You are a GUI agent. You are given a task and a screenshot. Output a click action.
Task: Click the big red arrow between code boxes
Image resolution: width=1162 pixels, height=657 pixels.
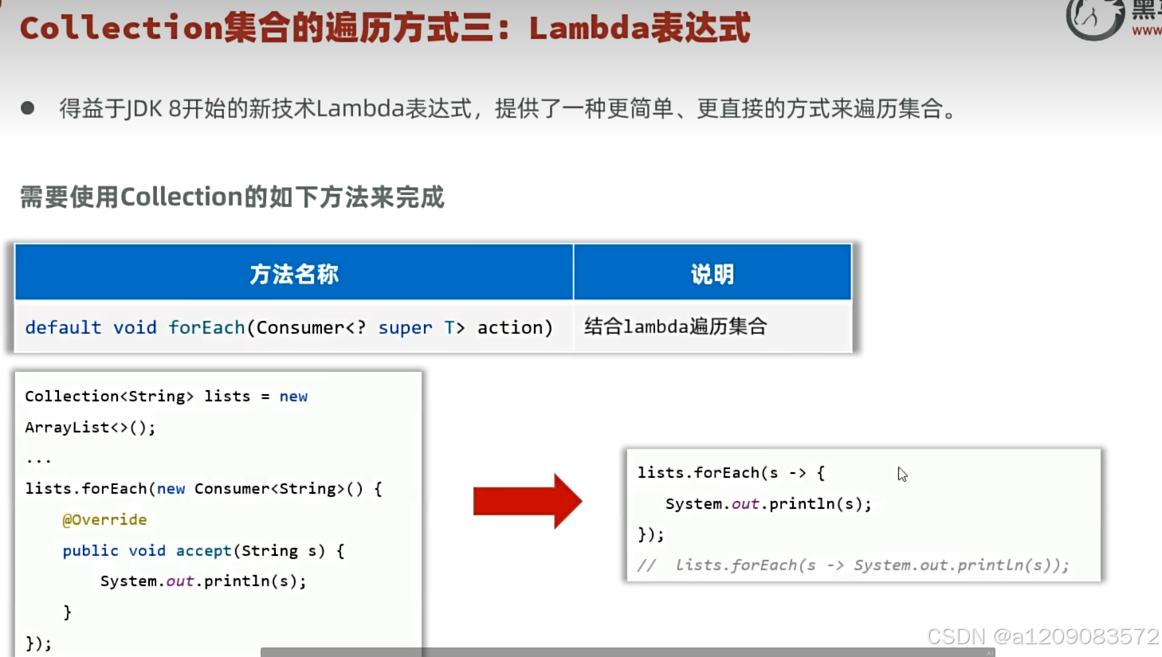[527, 502]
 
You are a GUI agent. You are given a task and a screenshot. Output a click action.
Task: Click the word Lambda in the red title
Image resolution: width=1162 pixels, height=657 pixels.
[588, 29]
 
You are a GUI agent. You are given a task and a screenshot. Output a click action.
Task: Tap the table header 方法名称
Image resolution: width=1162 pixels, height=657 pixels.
[294, 274]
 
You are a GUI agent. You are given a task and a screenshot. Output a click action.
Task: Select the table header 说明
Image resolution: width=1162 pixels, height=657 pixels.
[712, 274]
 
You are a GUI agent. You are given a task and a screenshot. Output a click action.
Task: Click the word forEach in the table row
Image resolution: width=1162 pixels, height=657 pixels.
[206, 327]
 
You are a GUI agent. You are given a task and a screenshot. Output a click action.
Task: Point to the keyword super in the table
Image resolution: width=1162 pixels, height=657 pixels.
[405, 328]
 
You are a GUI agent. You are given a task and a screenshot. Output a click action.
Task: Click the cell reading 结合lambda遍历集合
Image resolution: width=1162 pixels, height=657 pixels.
[675, 327]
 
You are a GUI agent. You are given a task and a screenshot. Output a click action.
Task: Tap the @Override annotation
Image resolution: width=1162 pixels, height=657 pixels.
[104, 520]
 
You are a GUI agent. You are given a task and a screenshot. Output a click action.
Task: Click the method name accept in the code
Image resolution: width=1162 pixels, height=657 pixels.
[203, 551]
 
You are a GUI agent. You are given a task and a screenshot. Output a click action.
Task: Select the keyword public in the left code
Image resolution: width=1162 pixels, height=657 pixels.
[90, 551]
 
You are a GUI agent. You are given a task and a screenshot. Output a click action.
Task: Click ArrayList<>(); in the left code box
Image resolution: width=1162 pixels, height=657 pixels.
[90, 428]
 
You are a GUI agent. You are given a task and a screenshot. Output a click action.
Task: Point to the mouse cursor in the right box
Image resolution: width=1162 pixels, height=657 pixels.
[902, 475]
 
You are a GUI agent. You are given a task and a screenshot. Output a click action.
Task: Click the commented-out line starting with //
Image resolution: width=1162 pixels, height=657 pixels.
[853, 565]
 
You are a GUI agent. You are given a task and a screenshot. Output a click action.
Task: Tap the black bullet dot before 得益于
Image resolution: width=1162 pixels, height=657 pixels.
[28, 108]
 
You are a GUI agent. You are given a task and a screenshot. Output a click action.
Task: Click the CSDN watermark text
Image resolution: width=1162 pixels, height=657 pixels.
[1042, 636]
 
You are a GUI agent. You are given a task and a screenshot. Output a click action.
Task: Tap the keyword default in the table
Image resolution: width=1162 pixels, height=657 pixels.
[63, 328]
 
